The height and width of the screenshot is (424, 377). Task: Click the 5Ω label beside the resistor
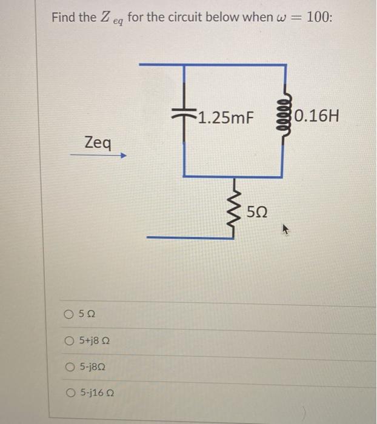tap(256, 212)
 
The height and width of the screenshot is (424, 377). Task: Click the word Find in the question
tap(63, 17)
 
